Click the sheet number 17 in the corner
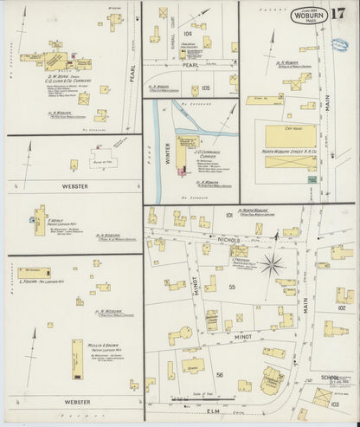[x=338, y=15]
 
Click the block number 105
[x=204, y=87]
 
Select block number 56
[x=219, y=374]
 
